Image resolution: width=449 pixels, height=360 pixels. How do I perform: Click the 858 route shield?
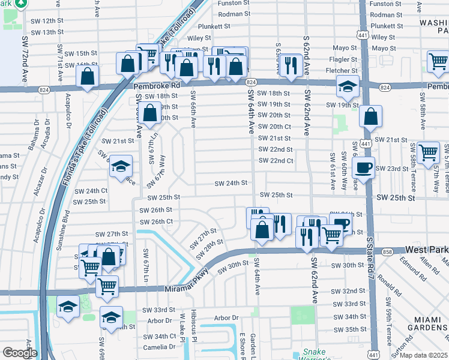click(387, 251)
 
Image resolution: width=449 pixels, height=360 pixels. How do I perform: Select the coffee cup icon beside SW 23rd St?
click(364, 168)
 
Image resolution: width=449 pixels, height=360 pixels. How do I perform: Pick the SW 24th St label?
click(231, 183)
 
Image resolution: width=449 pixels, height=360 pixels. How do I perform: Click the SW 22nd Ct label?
click(276, 161)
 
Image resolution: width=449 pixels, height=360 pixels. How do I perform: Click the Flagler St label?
click(342, 60)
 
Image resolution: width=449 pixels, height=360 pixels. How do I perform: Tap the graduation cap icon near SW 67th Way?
click(121, 167)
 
